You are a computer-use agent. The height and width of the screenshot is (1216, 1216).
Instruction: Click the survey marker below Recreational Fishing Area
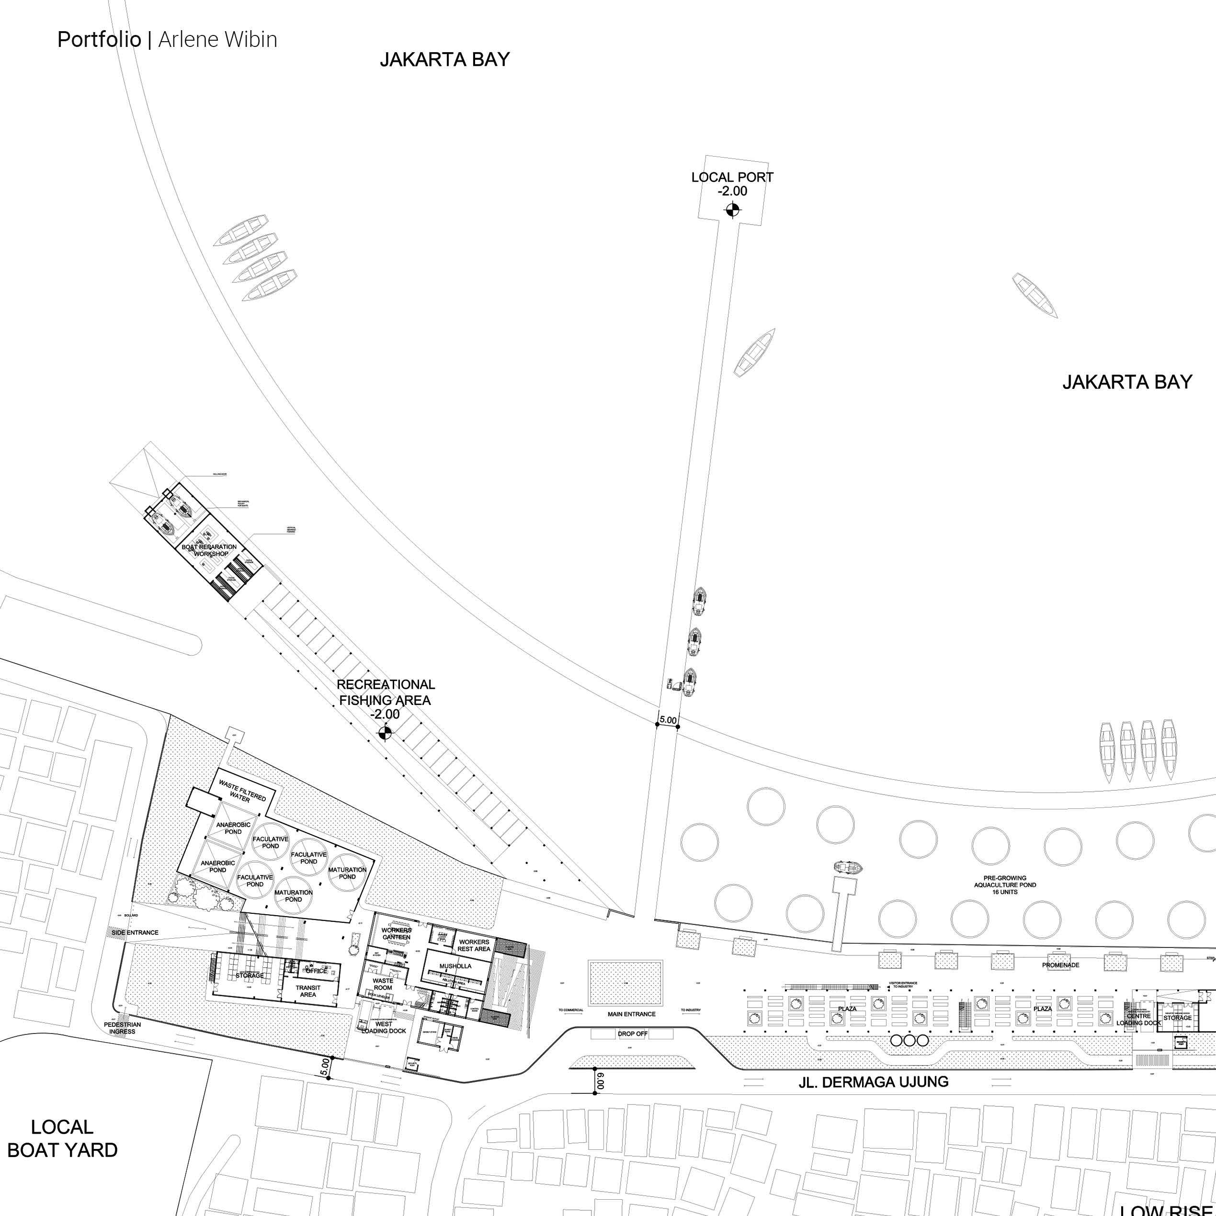click(x=385, y=732)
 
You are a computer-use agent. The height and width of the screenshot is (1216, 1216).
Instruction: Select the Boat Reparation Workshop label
click(x=210, y=550)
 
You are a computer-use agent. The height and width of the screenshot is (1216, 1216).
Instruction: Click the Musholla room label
click(x=455, y=966)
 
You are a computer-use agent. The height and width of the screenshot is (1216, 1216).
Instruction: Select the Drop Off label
click(x=633, y=1034)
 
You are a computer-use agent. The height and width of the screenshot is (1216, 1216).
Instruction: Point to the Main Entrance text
click(x=631, y=1014)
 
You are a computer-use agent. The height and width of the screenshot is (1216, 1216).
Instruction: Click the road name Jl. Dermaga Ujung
click(x=873, y=1082)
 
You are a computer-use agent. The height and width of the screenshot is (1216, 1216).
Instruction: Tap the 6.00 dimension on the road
click(x=601, y=1081)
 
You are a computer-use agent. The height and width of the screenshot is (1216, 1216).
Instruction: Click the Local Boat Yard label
click(x=62, y=1138)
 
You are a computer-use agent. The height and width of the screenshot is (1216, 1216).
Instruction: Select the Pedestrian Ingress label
click(x=122, y=1028)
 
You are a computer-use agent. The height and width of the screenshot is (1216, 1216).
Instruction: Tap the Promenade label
click(x=1060, y=965)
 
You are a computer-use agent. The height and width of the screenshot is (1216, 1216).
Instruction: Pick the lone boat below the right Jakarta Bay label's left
click(x=1034, y=295)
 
